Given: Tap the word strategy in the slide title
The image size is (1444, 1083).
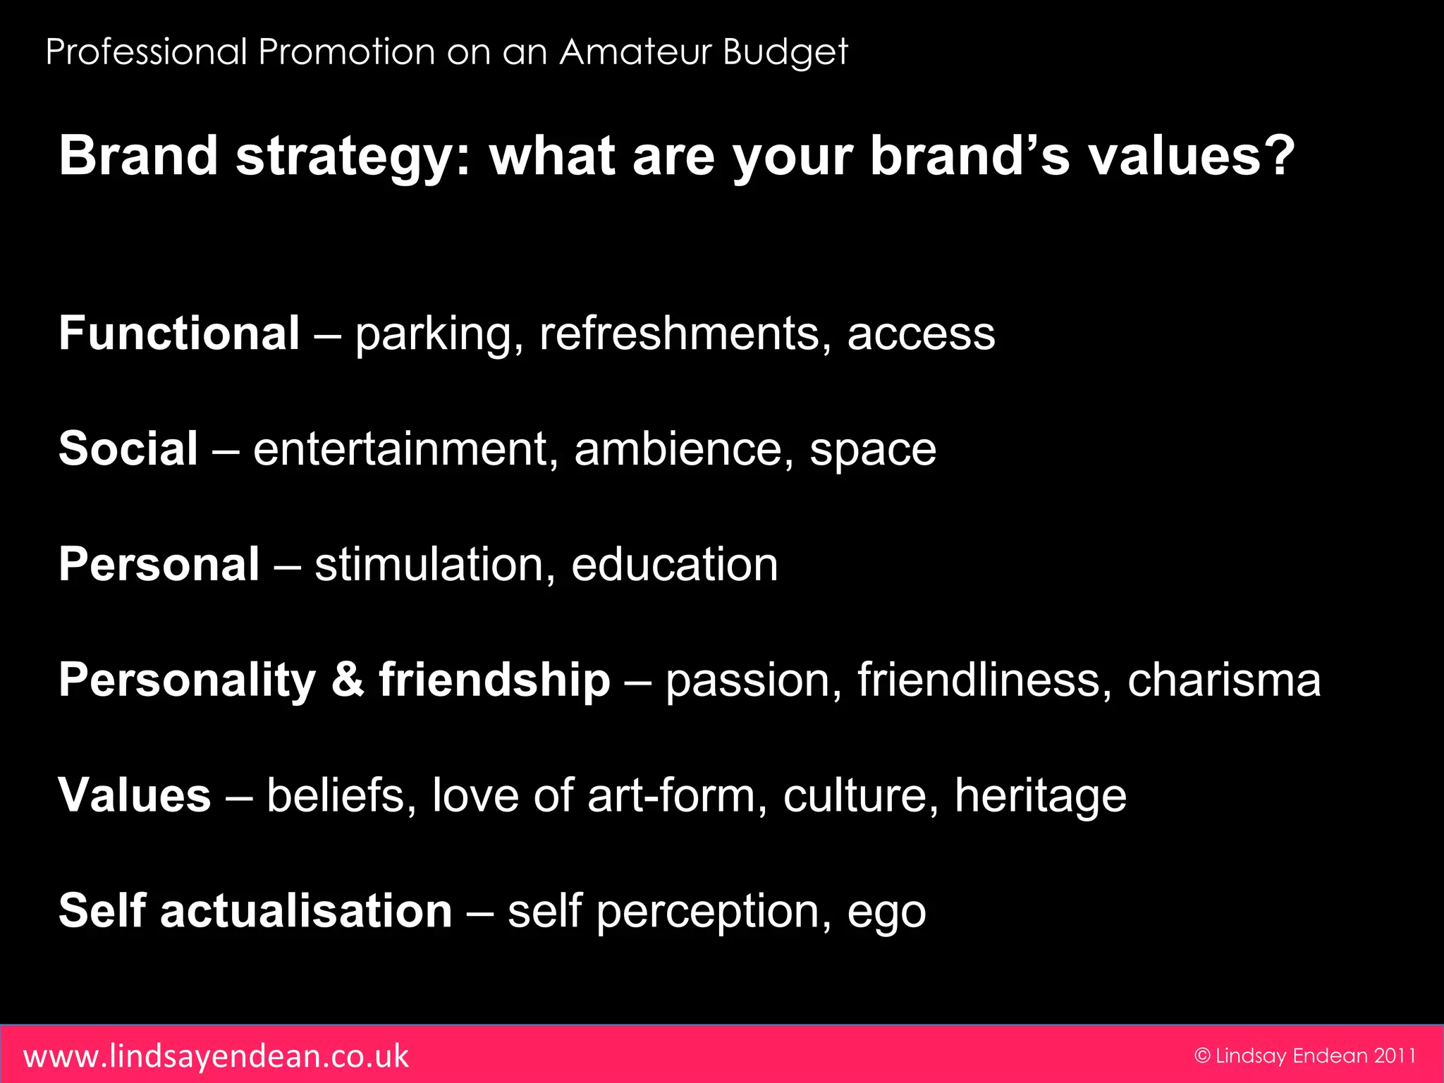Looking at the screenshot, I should click(353, 157).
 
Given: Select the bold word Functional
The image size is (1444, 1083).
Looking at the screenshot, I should click(179, 333).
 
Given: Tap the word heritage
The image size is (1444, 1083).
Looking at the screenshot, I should click(1040, 797).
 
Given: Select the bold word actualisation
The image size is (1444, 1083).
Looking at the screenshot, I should click(306, 911).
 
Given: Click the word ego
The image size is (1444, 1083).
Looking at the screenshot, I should click(886, 914).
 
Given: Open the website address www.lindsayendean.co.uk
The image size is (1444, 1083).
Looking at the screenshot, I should click(216, 1056).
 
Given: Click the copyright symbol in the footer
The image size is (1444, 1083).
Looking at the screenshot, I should click(1202, 1056).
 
